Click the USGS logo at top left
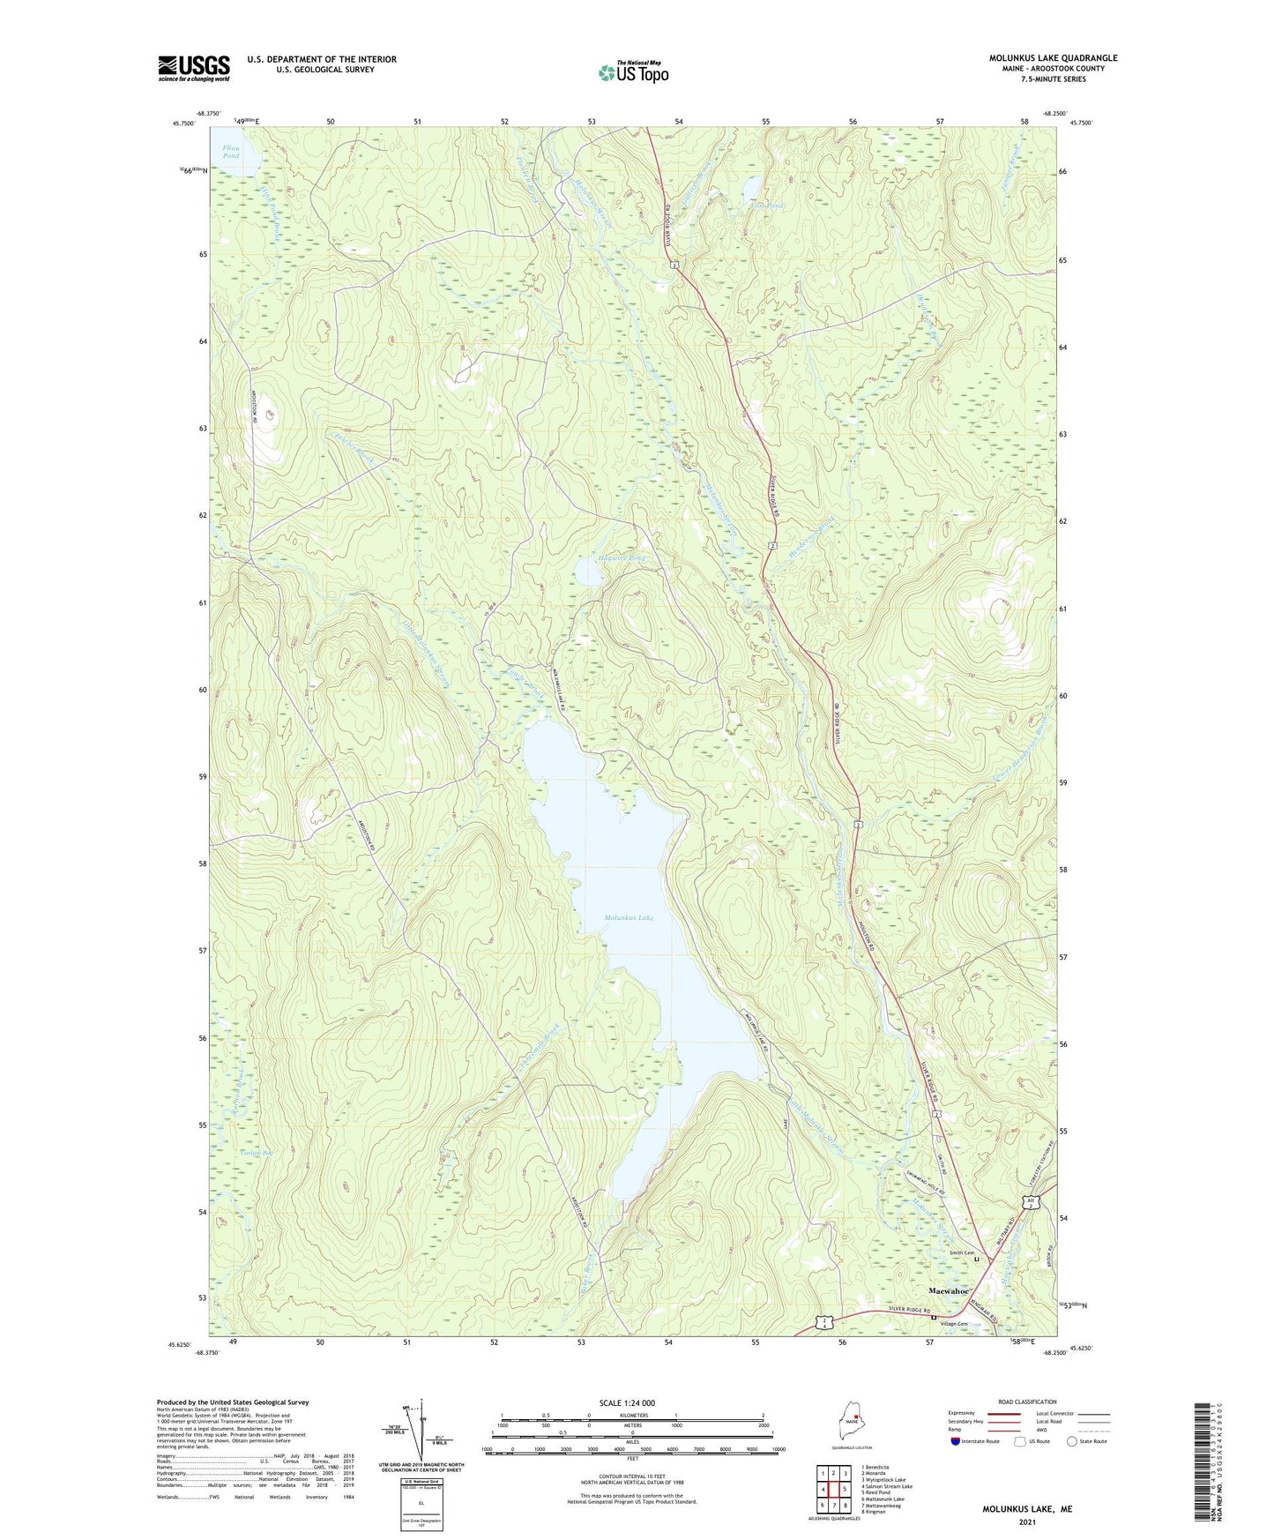tap(193, 68)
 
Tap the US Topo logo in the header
tap(633, 72)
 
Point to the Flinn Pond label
tap(231, 152)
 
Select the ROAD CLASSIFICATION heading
tap(1027, 1402)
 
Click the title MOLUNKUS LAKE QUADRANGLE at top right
tap(1053, 58)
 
